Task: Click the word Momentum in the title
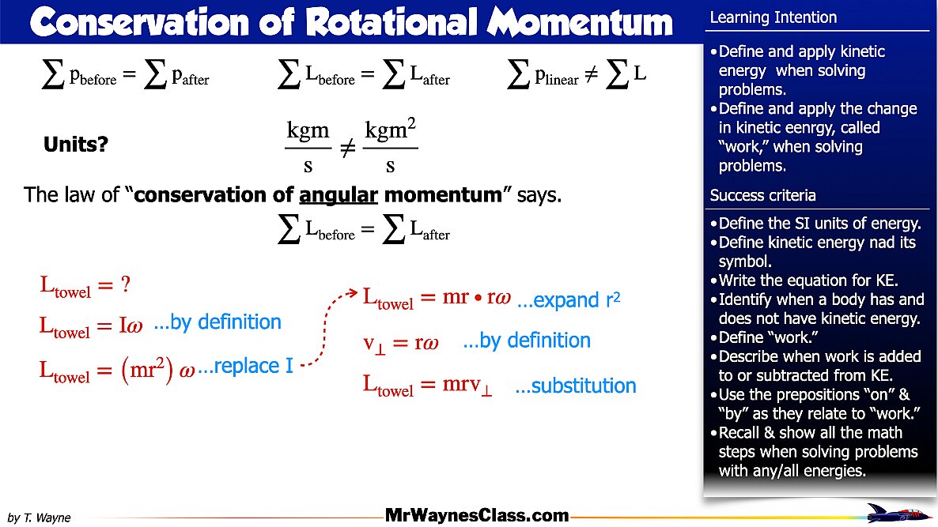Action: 581,23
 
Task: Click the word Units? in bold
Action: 76,145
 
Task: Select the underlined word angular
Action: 339,194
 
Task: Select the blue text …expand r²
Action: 568,300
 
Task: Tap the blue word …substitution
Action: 575,386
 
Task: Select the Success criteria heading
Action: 762,195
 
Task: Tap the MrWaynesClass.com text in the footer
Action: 477,516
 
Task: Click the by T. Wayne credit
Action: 39,518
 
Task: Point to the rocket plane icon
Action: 899,513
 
